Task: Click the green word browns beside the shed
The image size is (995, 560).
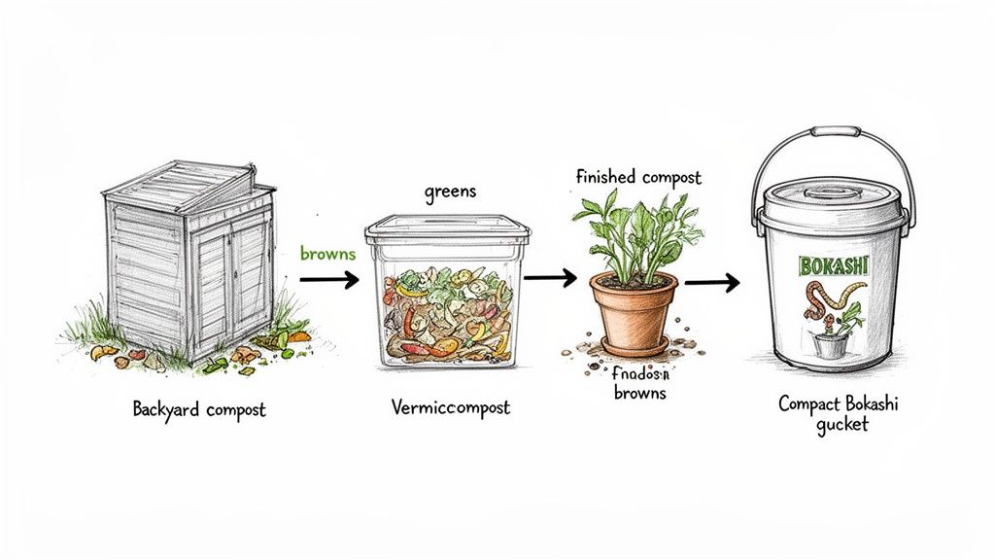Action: tap(328, 254)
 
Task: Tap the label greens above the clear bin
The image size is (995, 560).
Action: tap(450, 192)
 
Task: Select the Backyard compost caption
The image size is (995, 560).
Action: tap(199, 409)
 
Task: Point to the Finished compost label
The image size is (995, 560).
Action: tap(637, 178)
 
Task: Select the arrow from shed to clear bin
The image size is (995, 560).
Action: tap(329, 279)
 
